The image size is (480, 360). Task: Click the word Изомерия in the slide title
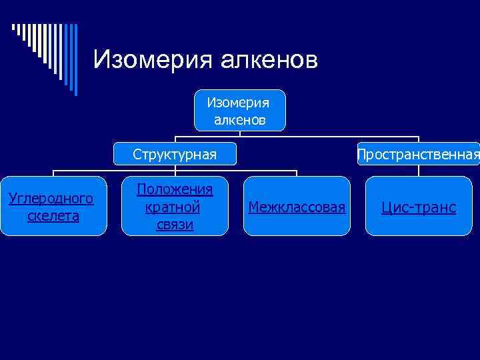(x=151, y=60)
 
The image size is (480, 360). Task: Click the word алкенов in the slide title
(x=267, y=60)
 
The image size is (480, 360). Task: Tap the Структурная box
(x=175, y=155)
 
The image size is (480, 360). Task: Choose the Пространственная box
(x=418, y=155)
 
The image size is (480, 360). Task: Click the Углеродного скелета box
(x=53, y=206)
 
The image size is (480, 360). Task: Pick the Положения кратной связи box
(x=175, y=206)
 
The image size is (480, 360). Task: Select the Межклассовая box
(x=297, y=206)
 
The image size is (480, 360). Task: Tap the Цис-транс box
(x=419, y=206)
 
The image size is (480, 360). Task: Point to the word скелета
(x=53, y=215)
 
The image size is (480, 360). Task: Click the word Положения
(x=175, y=190)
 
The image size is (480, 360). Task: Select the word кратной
(x=173, y=207)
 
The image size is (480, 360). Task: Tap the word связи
(x=175, y=224)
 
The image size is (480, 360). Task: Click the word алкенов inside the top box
(x=240, y=119)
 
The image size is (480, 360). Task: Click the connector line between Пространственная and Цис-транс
(x=419, y=171)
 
